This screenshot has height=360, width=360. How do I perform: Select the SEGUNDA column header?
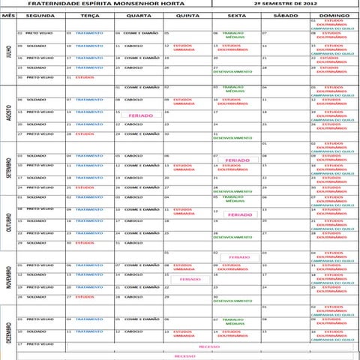point(39,13)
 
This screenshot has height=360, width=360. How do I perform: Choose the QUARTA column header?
point(138,13)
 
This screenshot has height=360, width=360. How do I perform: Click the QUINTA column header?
point(187,13)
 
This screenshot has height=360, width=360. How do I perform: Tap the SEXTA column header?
point(235,13)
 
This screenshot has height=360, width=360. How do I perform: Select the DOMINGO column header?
point(334,13)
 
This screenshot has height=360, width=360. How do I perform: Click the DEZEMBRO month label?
point(7,330)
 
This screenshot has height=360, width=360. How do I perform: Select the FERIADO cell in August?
point(140,116)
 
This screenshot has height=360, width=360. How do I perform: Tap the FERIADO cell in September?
point(237,160)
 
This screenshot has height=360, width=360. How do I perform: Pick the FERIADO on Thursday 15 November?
point(190,279)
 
